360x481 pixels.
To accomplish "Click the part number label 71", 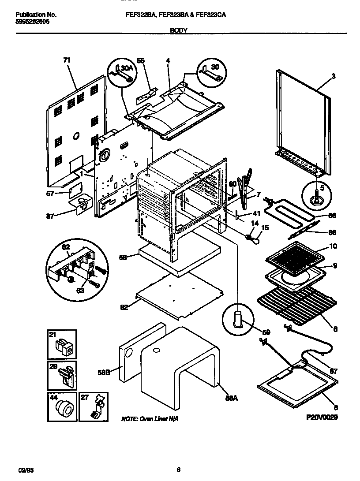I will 67,60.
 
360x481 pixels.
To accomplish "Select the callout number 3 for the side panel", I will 333,76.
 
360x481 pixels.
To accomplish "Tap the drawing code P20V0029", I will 321,417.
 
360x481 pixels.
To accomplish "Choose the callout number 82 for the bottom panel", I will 125,307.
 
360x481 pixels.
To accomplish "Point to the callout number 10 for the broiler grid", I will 333,246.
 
